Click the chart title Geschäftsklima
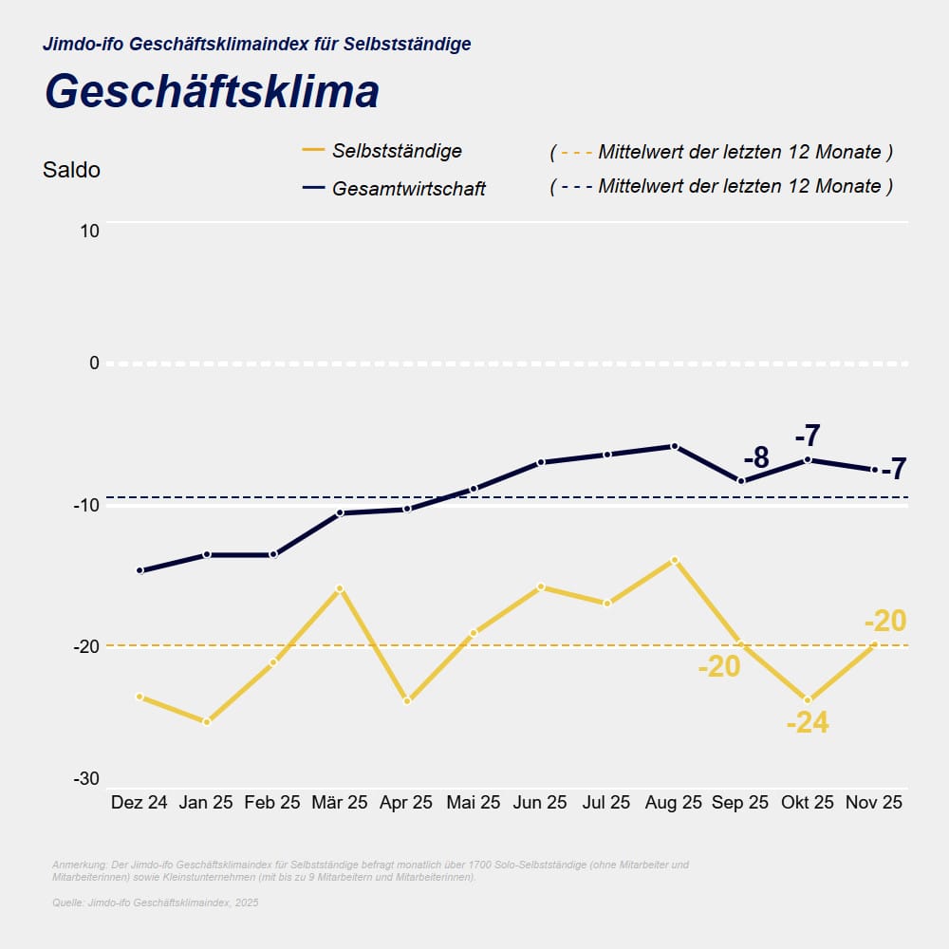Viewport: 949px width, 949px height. tap(212, 92)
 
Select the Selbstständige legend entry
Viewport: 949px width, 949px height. tap(397, 151)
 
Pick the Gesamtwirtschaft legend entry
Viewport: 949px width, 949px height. tap(408, 189)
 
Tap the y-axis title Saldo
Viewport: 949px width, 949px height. tap(71, 171)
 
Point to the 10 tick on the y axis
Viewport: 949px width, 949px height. tap(88, 231)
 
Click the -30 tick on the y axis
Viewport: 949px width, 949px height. tap(86, 778)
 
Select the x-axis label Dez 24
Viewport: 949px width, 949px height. tap(140, 803)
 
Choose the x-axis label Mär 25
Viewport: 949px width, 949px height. tap(340, 803)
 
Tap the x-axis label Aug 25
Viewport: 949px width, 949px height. tap(674, 803)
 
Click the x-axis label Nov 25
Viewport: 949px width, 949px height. tap(874, 803)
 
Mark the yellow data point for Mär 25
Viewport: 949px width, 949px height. tap(340, 588)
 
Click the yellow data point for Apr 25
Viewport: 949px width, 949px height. tap(407, 700)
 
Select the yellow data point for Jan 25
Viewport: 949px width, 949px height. tap(206, 722)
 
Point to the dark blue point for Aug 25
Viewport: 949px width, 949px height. tap(674, 446)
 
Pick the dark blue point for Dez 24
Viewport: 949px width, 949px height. tap(140, 570)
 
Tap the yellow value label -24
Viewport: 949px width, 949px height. tap(808, 724)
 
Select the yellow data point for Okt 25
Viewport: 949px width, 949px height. tap(808, 700)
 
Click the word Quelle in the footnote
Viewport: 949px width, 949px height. tap(67, 902)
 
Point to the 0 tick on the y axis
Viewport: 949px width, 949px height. tap(94, 363)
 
